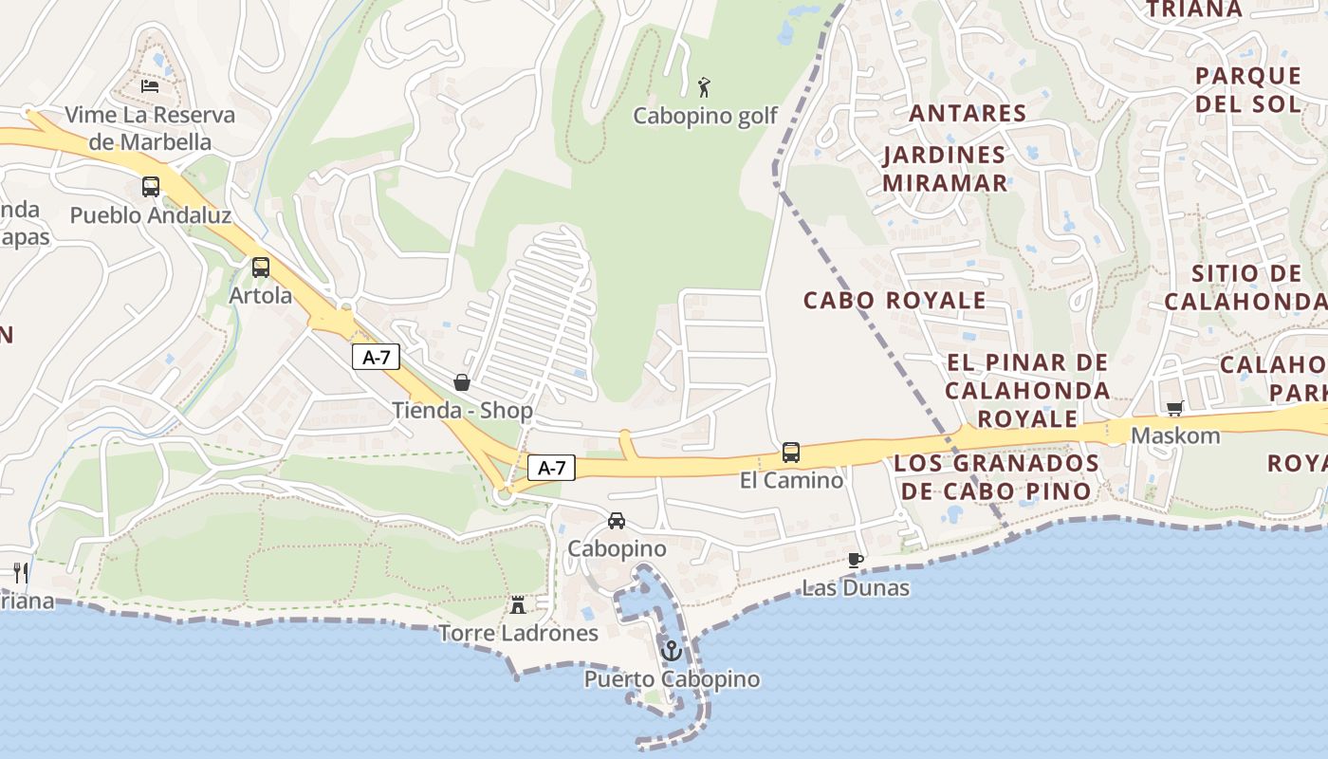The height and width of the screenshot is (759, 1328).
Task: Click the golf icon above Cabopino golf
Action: point(703,87)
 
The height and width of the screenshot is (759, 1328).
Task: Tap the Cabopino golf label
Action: point(705,116)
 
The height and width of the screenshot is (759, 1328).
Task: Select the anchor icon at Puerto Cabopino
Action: point(672,651)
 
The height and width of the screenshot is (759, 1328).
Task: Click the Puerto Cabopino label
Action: point(672,679)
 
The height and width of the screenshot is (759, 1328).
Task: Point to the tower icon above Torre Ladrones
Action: point(518,604)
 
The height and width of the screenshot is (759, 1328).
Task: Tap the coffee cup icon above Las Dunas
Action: point(855,560)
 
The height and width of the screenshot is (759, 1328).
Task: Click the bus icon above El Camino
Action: point(791,453)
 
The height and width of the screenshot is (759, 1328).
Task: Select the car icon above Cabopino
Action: point(617,520)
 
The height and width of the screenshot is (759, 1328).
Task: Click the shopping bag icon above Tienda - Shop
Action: point(462,382)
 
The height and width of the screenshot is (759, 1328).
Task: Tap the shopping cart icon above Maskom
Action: point(1175,408)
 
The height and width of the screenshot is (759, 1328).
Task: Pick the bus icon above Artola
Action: point(261,268)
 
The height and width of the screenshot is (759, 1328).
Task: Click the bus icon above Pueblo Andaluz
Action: point(151,187)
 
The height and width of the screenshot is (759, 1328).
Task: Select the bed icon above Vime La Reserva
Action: point(150,86)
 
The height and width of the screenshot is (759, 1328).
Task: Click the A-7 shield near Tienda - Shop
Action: point(377,357)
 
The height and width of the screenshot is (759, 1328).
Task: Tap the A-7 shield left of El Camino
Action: point(551,467)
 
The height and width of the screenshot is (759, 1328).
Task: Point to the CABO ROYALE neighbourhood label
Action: point(895,301)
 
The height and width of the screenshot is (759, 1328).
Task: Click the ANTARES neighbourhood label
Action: point(968,113)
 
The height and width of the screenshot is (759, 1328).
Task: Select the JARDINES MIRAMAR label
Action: point(945,168)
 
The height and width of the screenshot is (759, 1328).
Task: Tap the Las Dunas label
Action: point(856,588)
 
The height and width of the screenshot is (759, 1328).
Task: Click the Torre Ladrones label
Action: point(518,633)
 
